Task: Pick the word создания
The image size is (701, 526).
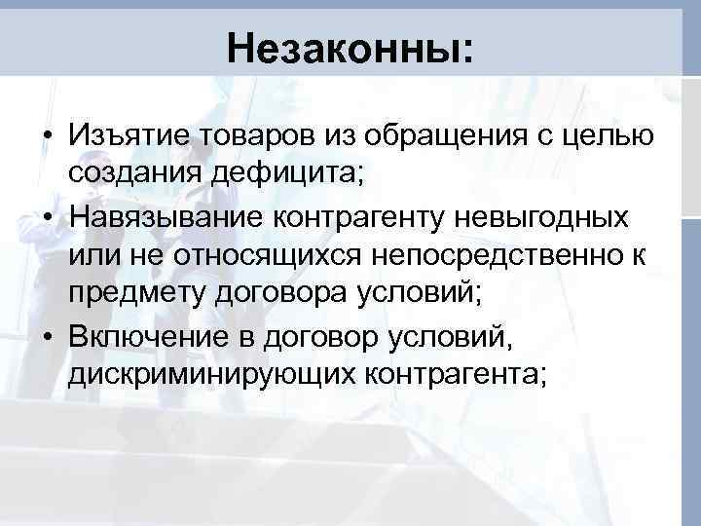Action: [133, 173]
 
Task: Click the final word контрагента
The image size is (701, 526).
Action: [458, 373]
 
